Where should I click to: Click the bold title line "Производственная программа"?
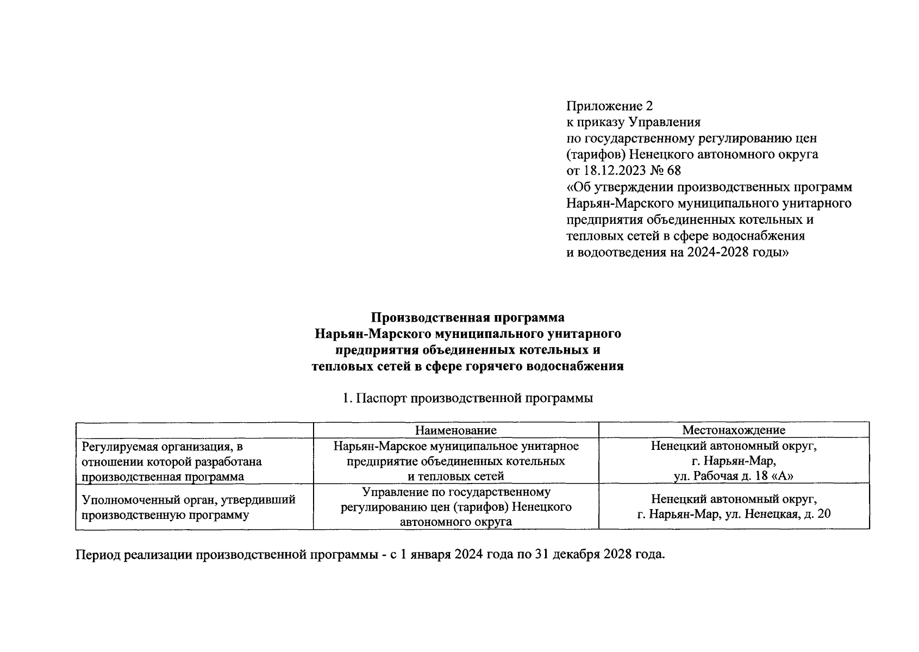[467, 317]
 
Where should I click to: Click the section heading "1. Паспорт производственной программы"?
[467, 398]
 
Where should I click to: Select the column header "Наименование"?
[455, 430]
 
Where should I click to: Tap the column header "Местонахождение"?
[734, 430]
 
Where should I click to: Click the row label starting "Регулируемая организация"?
[162, 447]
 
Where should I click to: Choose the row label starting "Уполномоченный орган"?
[188, 500]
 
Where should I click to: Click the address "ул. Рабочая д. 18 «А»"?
[734, 477]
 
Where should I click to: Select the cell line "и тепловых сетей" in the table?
[455, 477]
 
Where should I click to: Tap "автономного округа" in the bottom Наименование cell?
[455, 522]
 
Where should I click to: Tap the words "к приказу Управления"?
[634, 122]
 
